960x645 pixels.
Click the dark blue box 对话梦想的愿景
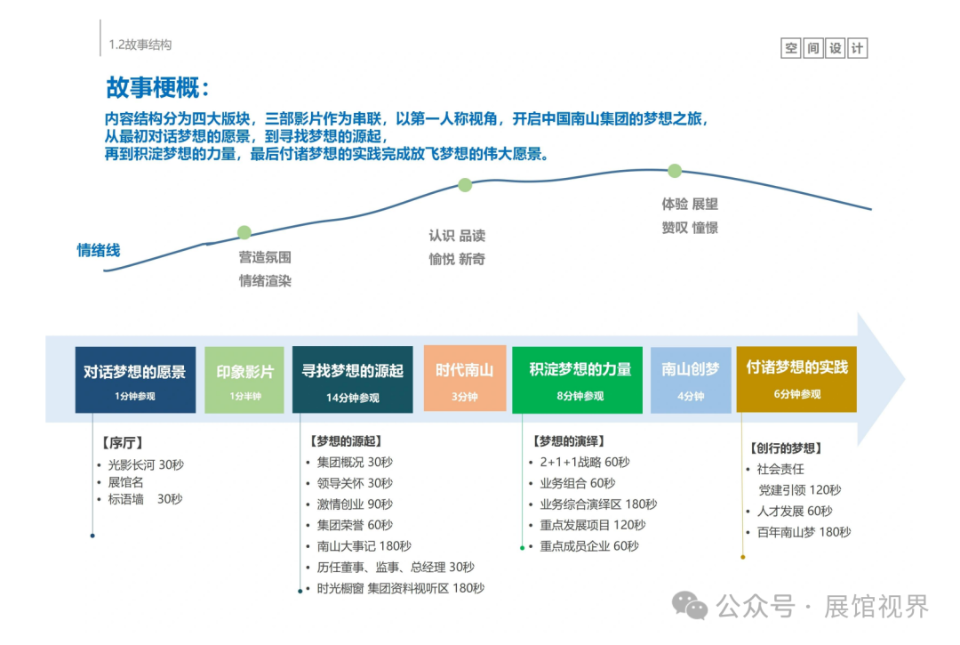135,379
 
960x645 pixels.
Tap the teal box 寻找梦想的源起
352,379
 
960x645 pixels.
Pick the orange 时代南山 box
464,378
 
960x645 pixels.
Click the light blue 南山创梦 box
691,379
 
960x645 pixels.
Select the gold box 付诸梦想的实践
796,379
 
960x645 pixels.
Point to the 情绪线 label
99,250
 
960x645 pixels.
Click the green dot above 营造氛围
244,232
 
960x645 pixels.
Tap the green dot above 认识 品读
465,185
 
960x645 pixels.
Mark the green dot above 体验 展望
675,171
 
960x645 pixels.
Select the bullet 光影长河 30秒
145,464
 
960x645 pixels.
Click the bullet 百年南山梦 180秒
803,532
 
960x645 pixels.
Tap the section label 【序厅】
122,442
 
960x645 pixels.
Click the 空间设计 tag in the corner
824,49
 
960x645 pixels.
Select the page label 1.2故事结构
140,44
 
